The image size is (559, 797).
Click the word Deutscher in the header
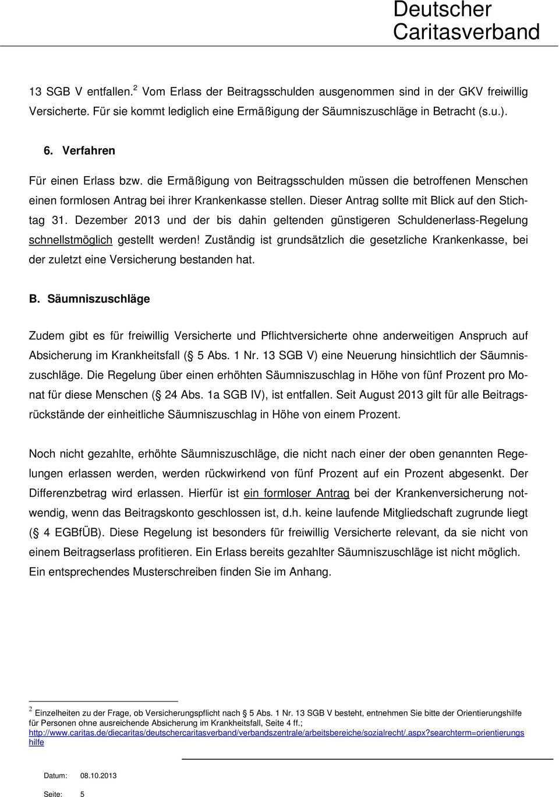(442, 9)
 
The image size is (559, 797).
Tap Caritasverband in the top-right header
(466, 31)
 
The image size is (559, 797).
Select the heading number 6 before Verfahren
(48, 150)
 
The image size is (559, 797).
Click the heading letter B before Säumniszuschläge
(34, 299)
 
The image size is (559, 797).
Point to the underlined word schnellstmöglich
(70, 240)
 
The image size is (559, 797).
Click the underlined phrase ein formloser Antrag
(296, 493)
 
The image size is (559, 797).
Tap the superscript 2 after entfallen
(135, 87)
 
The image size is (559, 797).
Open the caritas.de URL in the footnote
(276, 733)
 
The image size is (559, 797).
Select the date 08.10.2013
(98, 775)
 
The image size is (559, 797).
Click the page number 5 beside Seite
(82, 794)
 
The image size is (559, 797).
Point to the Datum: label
(55, 775)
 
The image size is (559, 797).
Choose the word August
(377, 395)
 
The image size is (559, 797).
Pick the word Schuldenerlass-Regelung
(462, 220)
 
